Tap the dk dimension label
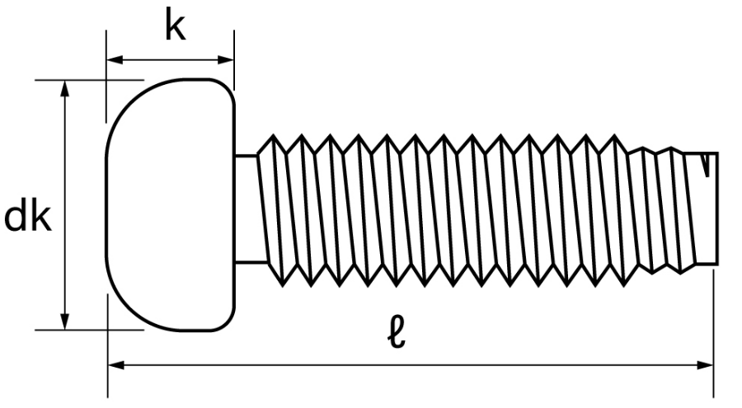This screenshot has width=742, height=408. pos(27,218)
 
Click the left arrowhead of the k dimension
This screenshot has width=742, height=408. pos(115,60)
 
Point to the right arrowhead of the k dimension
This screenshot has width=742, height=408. pos(226,60)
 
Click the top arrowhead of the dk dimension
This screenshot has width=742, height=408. pos(65,88)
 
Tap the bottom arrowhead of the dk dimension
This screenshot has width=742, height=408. pos(65,321)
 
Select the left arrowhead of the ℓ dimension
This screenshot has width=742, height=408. pos(116,365)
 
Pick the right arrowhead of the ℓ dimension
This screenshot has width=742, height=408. pos(705,365)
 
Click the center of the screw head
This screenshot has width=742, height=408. pos(171,204)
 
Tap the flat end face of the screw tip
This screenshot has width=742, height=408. pos(717,209)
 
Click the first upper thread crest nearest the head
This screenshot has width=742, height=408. pos(273,136)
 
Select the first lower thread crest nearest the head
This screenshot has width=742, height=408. pos(283,284)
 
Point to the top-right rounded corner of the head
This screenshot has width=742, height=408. pos(228,87)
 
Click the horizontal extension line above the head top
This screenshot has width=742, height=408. pos(89,80)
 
